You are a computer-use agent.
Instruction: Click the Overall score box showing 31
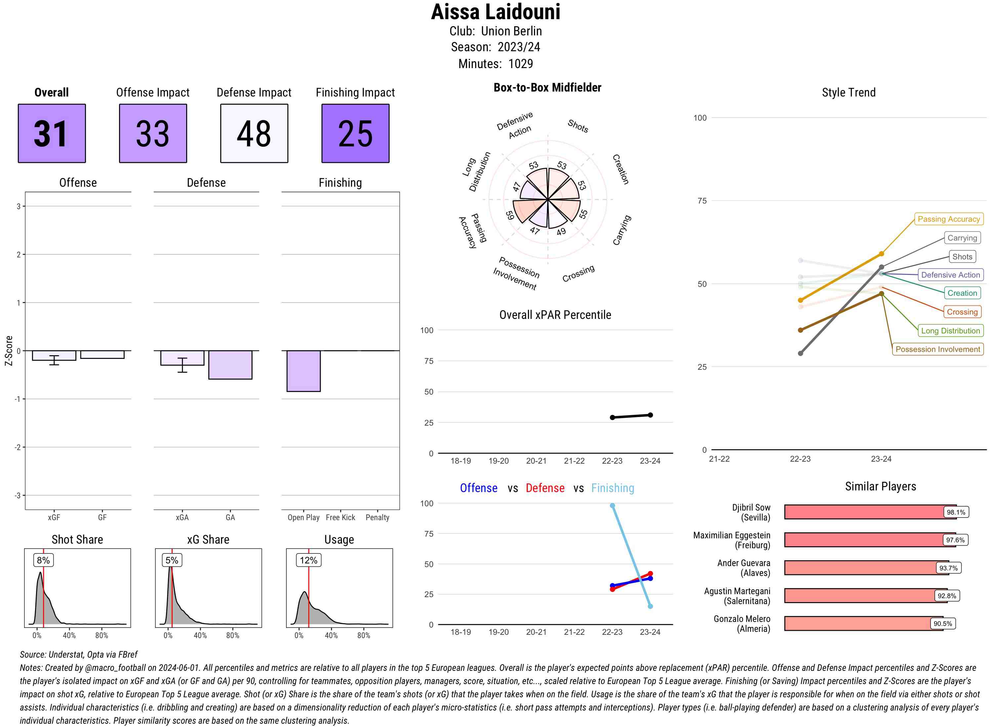(x=52, y=134)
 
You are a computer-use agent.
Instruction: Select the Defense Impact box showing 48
(x=254, y=134)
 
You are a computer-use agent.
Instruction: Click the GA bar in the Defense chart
(x=230, y=364)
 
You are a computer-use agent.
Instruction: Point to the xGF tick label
(x=54, y=517)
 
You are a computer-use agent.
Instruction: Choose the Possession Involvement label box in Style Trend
(x=937, y=349)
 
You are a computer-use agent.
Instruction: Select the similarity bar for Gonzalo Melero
(x=863, y=623)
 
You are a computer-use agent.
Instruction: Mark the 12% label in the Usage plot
(x=308, y=560)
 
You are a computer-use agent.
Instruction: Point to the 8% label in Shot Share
(x=43, y=560)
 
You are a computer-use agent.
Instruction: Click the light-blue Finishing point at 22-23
(x=612, y=506)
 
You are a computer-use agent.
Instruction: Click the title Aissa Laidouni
(x=495, y=12)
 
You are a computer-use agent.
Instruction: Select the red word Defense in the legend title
(x=545, y=488)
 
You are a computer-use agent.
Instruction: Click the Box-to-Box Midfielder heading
(x=547, y=88)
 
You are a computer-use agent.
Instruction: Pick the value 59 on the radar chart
(x=510, y=215)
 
